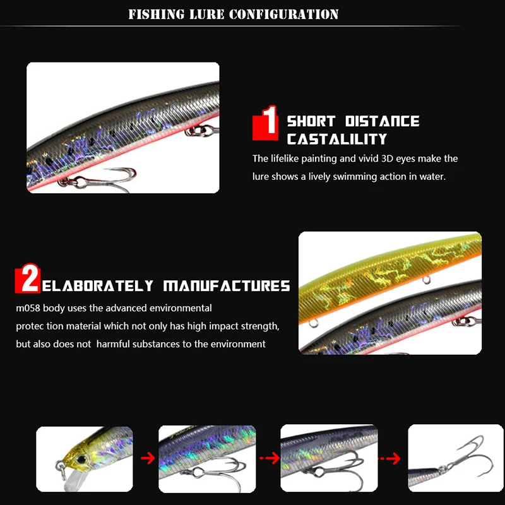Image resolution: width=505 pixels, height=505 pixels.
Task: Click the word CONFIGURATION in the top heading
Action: pos(283,14)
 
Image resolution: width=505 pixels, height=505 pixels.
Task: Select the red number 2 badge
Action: pos(28,279)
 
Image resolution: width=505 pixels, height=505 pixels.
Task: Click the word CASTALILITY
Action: pos(336,139)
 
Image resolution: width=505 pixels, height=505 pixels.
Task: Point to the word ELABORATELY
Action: pos(98,286)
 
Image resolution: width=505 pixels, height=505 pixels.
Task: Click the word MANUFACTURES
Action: pos(227,286)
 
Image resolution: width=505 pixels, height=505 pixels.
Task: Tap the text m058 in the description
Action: pos(28,308)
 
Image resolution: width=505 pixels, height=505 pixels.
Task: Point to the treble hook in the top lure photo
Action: pos(107,178)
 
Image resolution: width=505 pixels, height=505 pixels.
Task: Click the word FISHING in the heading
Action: pos(151,14)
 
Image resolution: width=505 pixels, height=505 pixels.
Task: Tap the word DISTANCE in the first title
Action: pos(382,121)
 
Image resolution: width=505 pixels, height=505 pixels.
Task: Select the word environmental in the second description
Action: pos(181,308)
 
